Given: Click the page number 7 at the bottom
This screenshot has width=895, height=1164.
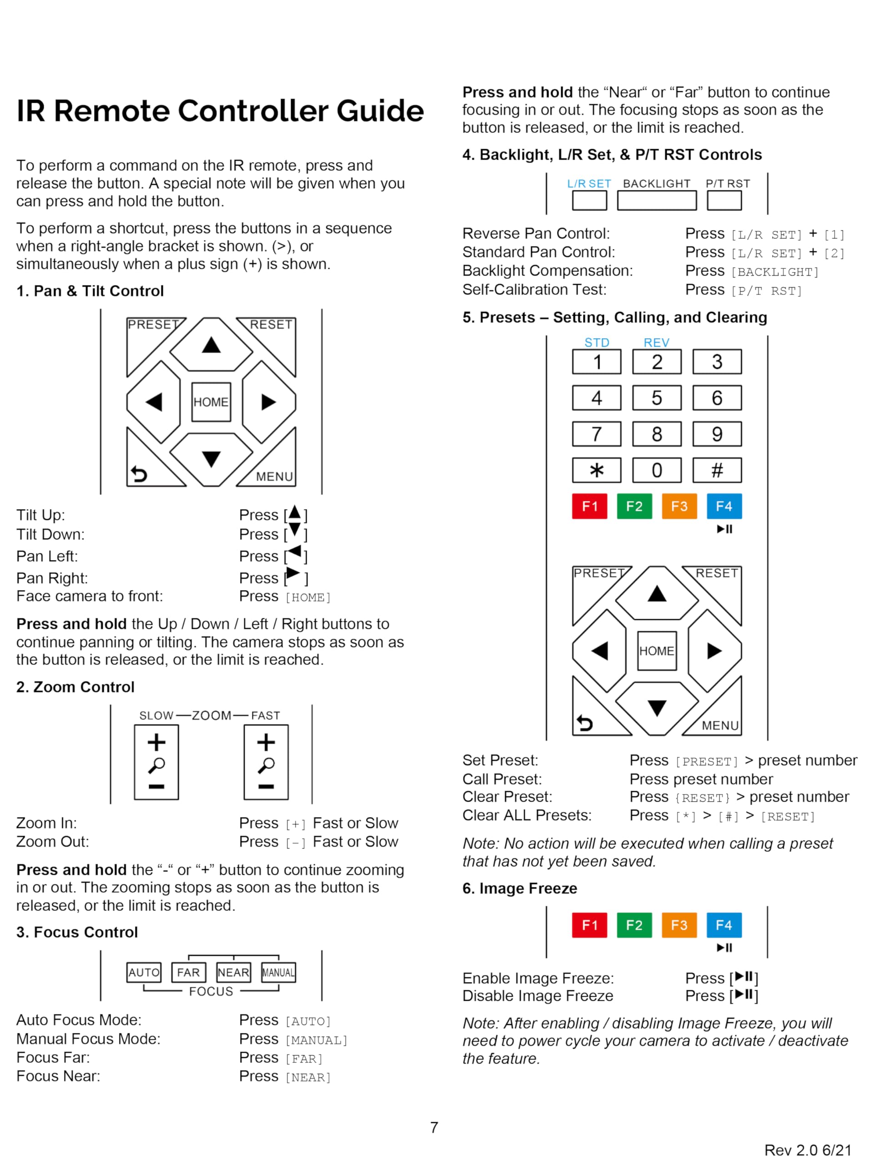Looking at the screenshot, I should [x=434, y=1127].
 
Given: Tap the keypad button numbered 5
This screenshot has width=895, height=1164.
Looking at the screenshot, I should [x=656, y=398].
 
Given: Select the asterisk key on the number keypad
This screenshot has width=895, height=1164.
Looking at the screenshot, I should [x=596, y=470].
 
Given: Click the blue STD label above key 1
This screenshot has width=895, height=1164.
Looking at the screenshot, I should [x=596, y=342].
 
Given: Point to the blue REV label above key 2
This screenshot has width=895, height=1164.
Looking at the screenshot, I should [x=656, y=342].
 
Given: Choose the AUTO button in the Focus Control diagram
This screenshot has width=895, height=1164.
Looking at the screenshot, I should [x=144, y=972].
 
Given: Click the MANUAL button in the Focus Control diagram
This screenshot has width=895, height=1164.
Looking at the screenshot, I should [x=278, y=972].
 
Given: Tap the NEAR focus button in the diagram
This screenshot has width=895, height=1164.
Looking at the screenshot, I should [x=233, y=972].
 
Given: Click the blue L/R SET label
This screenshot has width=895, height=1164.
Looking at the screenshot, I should [x=588, y=184].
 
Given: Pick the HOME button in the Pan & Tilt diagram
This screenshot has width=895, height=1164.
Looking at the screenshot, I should [x=211, y=402].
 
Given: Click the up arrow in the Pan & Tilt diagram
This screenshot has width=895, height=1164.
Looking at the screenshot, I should [x=211, y=345].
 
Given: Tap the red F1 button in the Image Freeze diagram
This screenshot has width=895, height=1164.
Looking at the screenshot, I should [x=589, y=925].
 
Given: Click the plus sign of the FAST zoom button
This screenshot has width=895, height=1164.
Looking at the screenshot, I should [x=266, y=742].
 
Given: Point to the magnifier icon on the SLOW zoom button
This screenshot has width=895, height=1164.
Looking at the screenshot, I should [x=156, y=765].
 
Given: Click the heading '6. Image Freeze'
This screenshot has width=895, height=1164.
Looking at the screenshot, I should [x=519, y=888].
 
